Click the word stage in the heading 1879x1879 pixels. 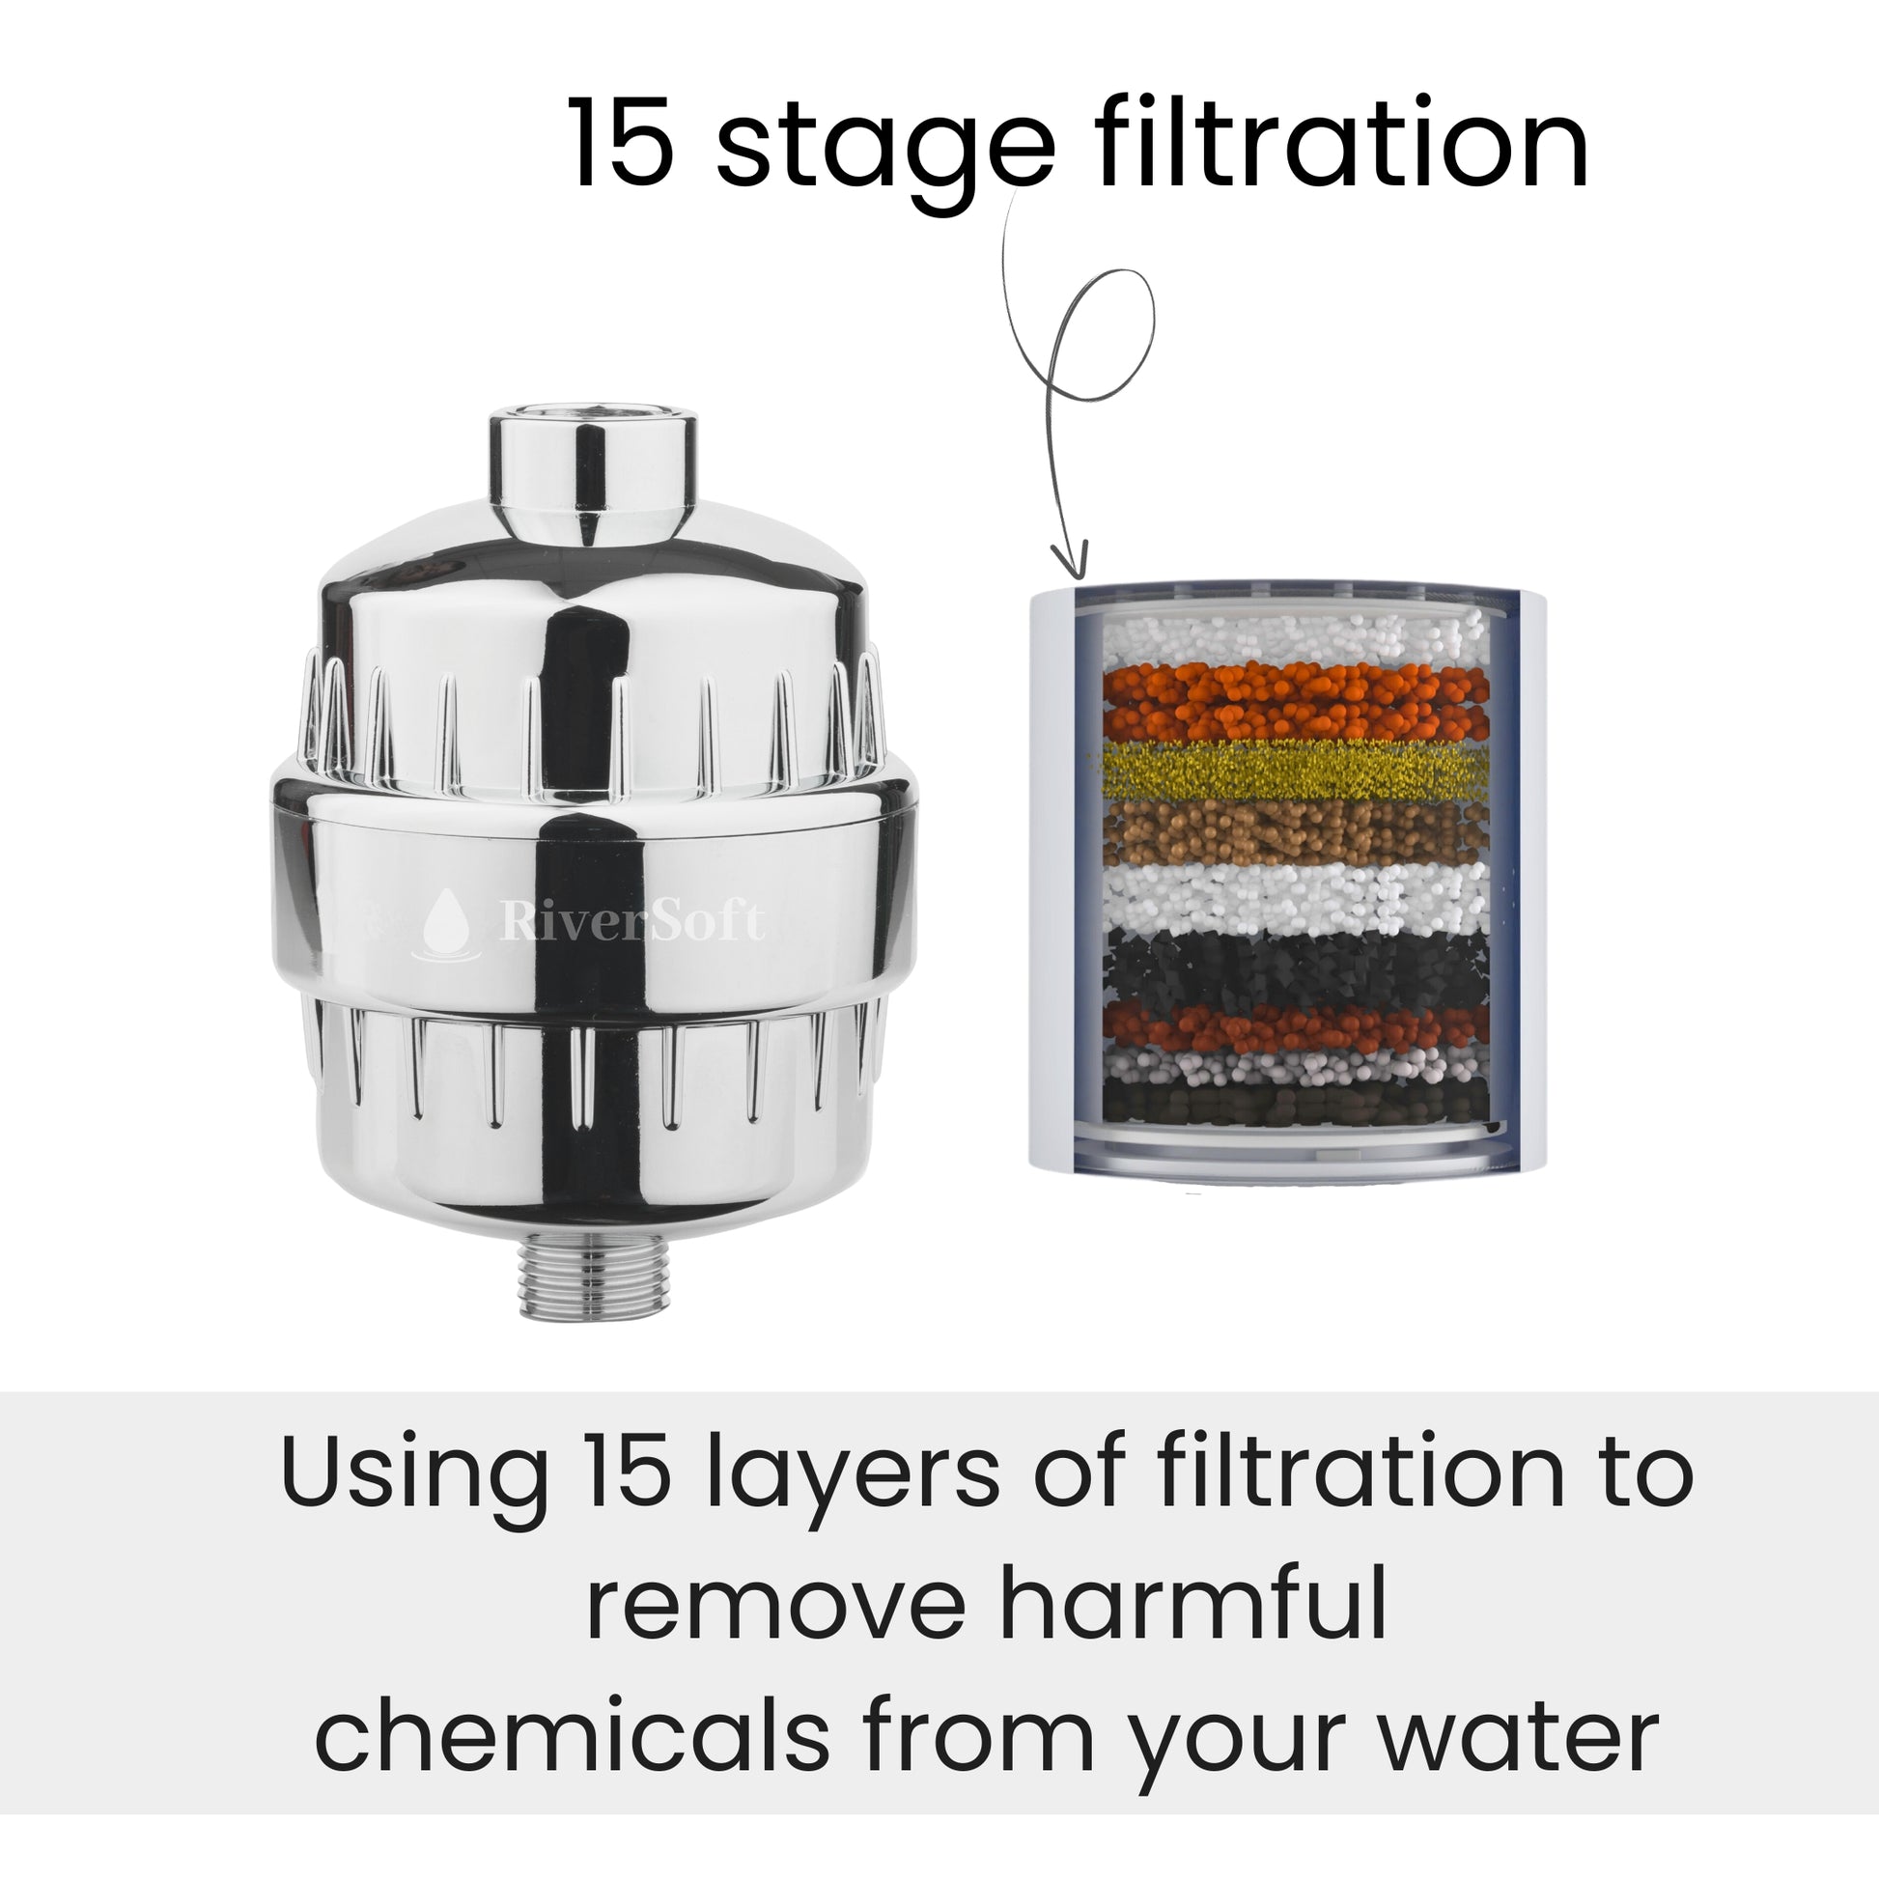point(885,151)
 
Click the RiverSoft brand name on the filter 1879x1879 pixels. point(632,919)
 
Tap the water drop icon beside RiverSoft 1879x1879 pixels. point(446,924)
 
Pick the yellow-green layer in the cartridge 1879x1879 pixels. point(1295,771)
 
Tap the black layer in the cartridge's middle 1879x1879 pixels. point(1295,967)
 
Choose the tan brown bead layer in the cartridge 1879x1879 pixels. point(1295,831)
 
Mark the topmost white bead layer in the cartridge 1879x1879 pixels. point(1295,640)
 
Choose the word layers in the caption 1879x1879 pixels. point(854,1478)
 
